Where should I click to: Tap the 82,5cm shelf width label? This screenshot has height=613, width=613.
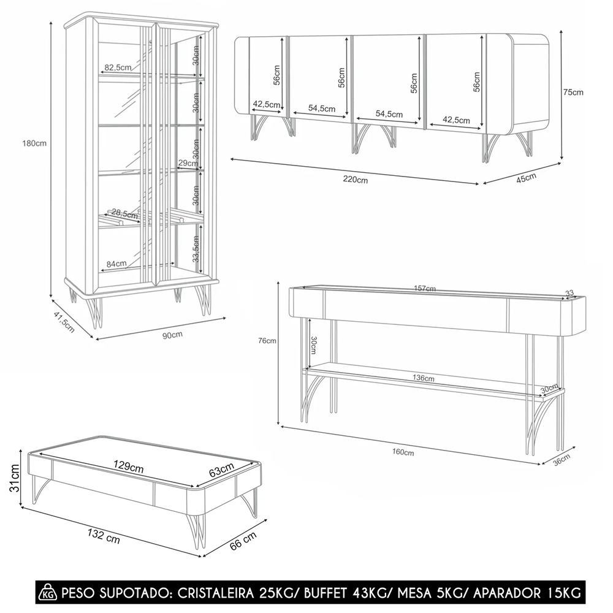coord(118,67)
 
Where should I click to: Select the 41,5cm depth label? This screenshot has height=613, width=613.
coord(64,320)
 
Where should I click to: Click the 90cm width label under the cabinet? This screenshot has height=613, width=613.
coord(173,335)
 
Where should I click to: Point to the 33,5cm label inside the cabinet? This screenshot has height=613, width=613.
coord(196,246)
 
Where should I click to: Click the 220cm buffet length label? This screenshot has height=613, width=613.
coord(356,180)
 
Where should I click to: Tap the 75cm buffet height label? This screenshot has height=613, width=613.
coord(573,93)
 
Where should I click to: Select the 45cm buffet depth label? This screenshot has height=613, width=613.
coord(526,178)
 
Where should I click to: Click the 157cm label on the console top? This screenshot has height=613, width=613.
coord(425,289)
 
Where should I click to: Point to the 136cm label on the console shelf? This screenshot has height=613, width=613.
coord(423,378)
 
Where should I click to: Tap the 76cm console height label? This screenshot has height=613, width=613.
coord(267,341)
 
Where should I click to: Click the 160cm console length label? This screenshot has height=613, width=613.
coord(403,452)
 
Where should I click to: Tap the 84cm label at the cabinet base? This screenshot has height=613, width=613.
coord(116,264)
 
